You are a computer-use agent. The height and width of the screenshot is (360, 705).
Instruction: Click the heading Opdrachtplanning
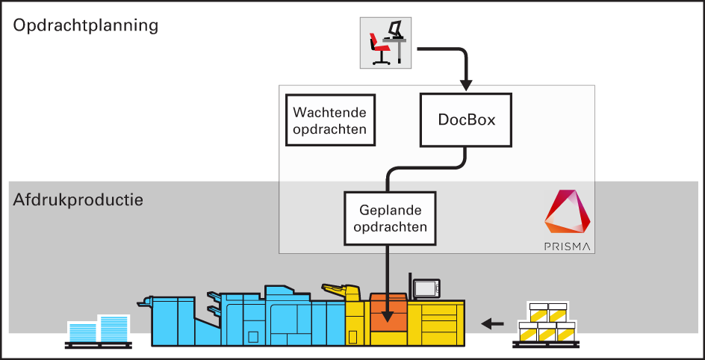pos(85,26)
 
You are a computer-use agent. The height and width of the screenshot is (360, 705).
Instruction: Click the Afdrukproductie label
pos(78,199)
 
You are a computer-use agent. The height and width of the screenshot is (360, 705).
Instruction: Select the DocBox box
pos(466,120)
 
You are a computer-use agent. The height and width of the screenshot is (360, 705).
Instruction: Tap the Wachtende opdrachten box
pos(330,120)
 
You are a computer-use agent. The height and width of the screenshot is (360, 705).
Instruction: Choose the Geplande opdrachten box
pos(390,218)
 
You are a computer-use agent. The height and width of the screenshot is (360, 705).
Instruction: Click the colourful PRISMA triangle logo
pos(568,213)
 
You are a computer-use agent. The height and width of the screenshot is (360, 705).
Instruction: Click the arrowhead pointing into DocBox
pos(466,85)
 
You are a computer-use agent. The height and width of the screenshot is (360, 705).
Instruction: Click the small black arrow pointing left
pos(492,323)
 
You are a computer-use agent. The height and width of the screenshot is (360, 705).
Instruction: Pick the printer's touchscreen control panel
pos(426,288)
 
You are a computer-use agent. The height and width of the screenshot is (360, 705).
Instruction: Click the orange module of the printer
pos(389,312)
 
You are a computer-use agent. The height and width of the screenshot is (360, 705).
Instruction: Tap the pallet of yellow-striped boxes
pos(546,325)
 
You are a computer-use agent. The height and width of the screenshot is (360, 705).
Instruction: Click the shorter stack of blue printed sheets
pos(82,332)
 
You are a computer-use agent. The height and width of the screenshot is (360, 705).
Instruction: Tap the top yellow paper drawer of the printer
pos(442,311)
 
